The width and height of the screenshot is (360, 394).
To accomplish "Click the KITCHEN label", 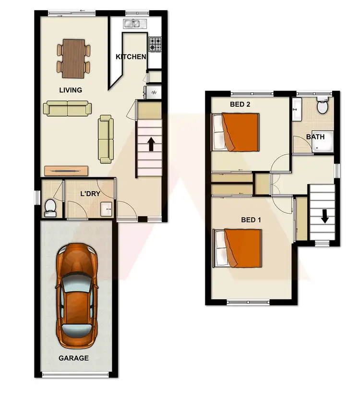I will tap(131, 57).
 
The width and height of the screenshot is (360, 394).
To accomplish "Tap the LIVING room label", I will tap(71, 90).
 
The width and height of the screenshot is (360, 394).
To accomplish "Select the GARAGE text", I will tap(73, 358).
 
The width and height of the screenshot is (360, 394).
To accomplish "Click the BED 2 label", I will tap(240, 104).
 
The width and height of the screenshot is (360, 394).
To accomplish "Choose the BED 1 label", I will tap(251, 220).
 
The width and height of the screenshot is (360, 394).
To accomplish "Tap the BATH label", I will tap(315, 137).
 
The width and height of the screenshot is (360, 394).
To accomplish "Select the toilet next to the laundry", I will tap(50, 206).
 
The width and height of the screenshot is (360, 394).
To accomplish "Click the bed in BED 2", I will tap(236, 132).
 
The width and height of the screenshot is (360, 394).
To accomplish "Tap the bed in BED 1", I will tap(238, 248).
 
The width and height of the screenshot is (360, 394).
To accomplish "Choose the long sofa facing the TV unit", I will tap(106, 138).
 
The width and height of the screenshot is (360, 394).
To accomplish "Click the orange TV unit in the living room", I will tap(66, 171).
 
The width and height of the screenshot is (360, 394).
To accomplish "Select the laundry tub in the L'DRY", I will tap(107, 208).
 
